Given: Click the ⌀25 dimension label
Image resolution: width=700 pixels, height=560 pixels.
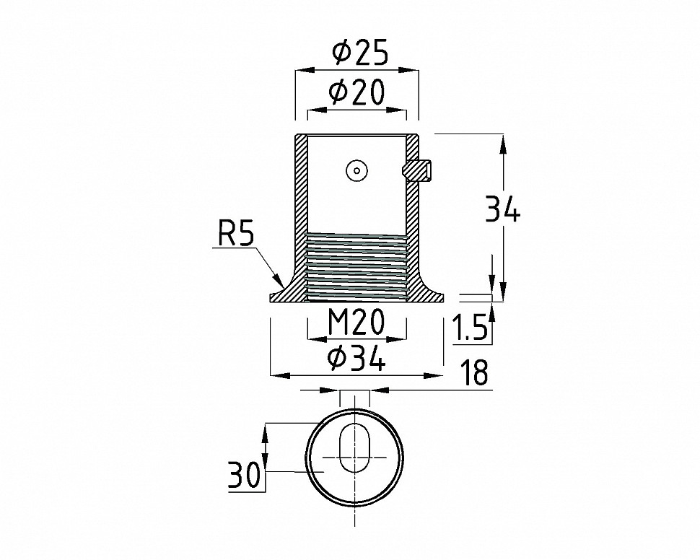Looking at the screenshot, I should (x=359, y=51).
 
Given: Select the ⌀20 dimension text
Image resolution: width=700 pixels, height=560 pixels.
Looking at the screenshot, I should (x=356, y=92).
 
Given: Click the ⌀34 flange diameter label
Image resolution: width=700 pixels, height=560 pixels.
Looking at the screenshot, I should (x=356, y=358).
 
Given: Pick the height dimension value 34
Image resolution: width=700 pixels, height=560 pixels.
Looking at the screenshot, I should (x=503, y=211).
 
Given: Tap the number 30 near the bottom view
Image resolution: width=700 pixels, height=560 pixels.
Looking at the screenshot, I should (x=244, y=476).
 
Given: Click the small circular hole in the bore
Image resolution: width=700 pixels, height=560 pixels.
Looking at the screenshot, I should (x=356, y=171).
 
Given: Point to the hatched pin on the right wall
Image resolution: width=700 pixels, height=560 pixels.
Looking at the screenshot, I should (x=418, y=170).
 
